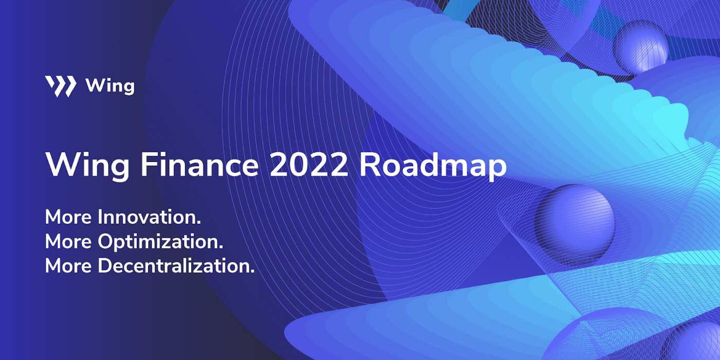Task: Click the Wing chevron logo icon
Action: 60,86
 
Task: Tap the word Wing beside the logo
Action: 110,86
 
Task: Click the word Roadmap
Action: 433,166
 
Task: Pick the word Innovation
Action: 149,217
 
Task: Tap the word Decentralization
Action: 175,266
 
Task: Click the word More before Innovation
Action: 68,217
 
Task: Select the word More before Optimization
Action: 68,241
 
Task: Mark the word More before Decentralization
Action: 68,266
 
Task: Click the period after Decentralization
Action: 253,271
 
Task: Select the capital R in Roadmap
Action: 370,165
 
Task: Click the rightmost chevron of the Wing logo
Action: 70,86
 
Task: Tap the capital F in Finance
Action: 149,165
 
